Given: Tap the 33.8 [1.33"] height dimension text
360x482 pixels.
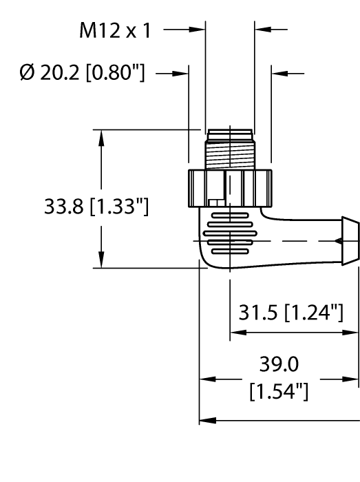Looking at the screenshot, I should pos(95,205).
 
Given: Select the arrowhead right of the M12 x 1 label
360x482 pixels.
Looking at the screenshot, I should pos(200,30).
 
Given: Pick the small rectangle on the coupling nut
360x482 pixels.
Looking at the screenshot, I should pos(216,202).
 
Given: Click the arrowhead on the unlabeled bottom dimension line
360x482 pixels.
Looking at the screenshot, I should pos(207,419).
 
